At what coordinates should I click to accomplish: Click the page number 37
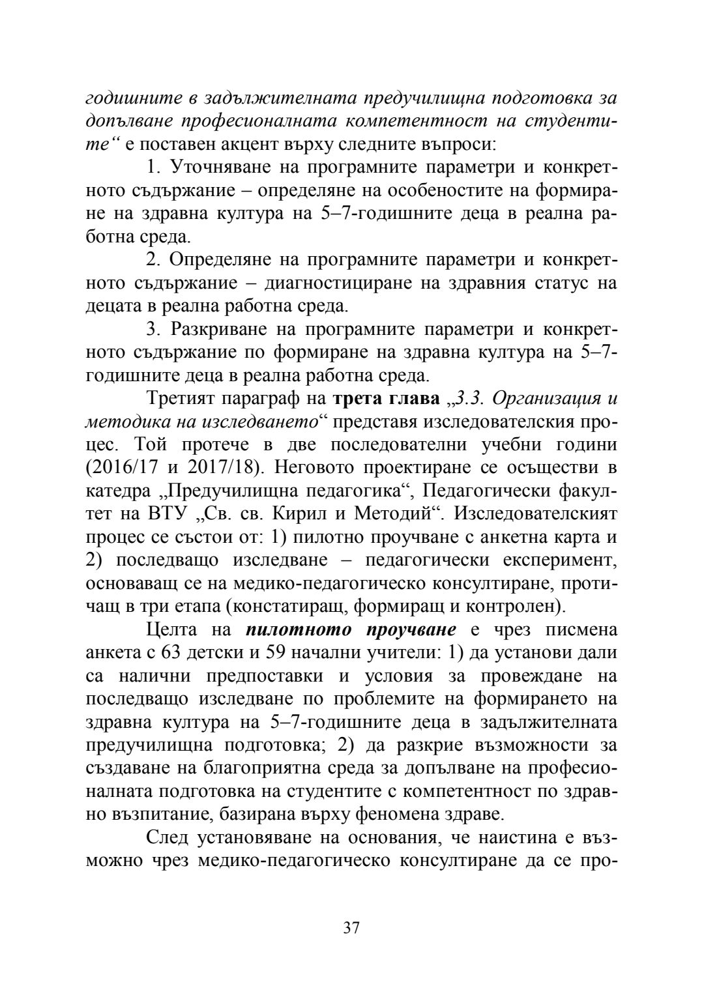click(351, 928)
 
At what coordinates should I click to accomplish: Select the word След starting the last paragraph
click(169, 837)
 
